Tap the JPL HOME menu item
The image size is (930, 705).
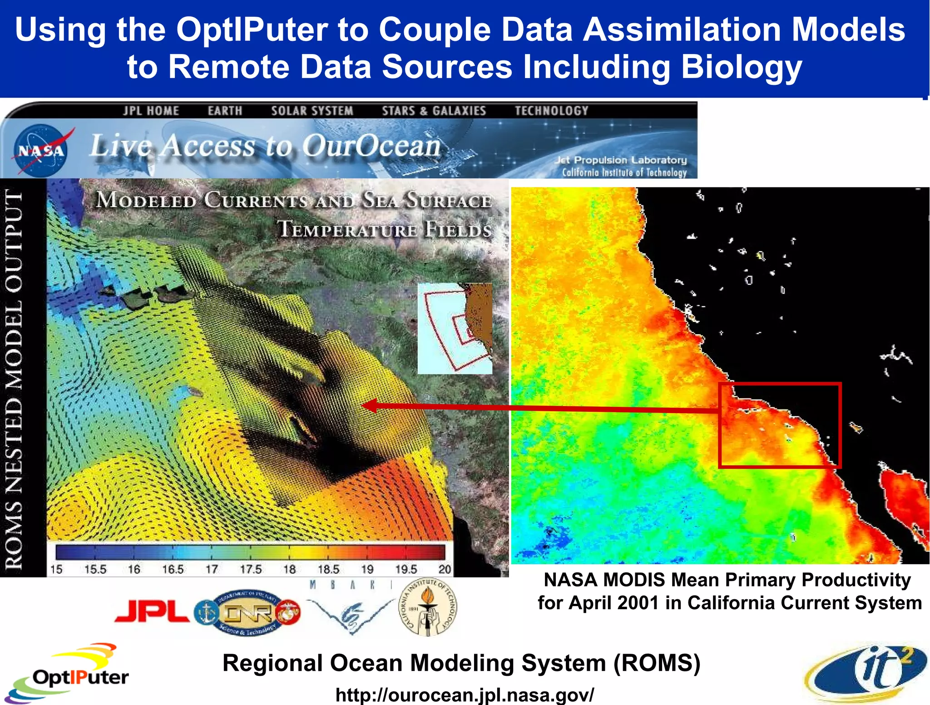coord(151,111)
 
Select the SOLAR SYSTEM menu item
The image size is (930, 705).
coord(312,111)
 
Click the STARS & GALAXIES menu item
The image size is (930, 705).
coord(434,111)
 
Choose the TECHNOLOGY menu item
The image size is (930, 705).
coord(551,111)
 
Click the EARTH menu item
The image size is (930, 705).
coord(225,111)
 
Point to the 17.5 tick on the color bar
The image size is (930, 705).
coord(251,569)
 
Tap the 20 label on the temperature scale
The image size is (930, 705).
coord(445,569)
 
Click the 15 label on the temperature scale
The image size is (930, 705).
coord(56,569)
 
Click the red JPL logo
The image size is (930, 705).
coord(153,611)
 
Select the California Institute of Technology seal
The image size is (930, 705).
coord(427,607)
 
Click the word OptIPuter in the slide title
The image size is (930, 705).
coord(252,30)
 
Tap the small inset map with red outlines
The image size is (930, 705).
coord(455,328)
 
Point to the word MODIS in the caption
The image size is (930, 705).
coord(636,580)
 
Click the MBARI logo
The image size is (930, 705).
coord(351,608)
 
